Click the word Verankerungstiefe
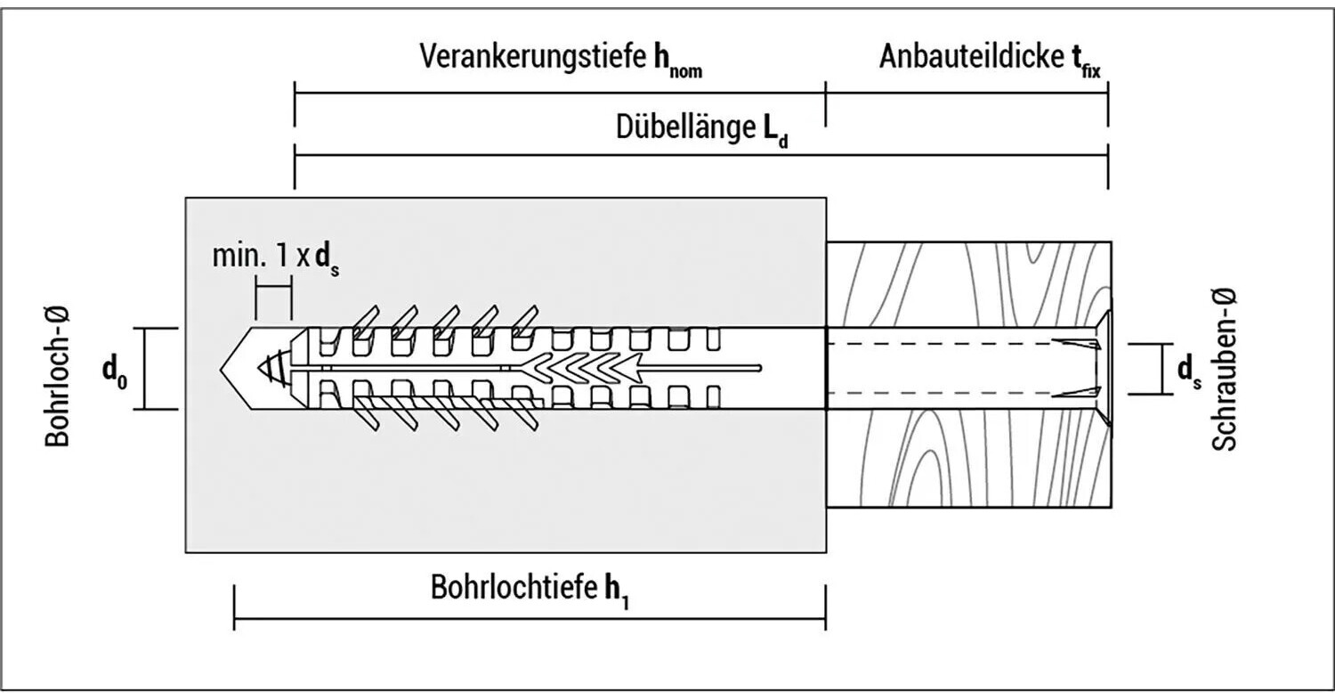click(533, 57)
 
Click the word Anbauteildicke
click(972, 57)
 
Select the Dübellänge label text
click(685, 127)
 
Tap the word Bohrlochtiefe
click(514, 587)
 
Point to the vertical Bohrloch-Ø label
click(58, 377)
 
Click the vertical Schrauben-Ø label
click(1224, 370)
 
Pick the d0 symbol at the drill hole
click(115, 372)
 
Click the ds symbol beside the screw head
click(1190, 372)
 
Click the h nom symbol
click(678, 61)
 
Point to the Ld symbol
click(775, 131)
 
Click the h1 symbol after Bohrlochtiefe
click(617, 591)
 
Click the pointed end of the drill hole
click(220, 369)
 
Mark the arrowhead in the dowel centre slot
click(630, 368)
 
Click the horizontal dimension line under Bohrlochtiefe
click(530, 618)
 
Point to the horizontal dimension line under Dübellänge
click(701, 155)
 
